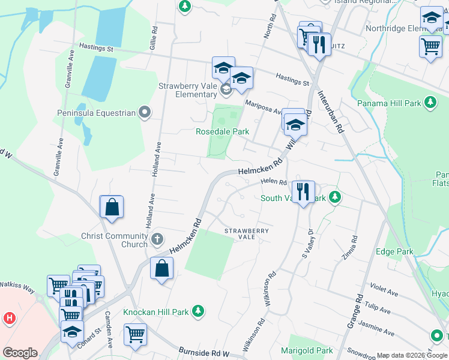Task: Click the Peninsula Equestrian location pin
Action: (x=145, y=112)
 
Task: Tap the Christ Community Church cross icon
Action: (x=157, y=240)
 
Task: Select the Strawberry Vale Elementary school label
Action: (x=187, y=90)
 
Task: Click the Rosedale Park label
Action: (x=222, y=131)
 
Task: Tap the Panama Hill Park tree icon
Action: (x=430, y=103)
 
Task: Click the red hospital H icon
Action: (x=10, y=318)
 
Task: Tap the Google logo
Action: (x=20, y=353)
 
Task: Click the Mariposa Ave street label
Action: (x=263, y=107)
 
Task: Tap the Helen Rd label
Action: (x=274, y=182)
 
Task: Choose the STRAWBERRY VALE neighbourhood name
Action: (x=246, y=233)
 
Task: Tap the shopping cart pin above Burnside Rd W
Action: (x=136, y=334)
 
